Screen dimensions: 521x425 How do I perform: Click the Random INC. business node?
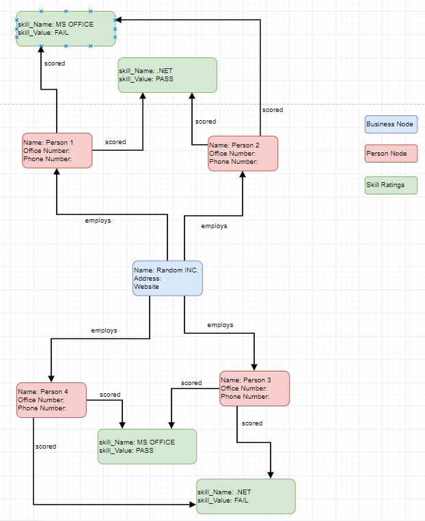167,279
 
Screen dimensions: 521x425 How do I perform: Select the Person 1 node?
57,150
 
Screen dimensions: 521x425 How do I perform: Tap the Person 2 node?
243,154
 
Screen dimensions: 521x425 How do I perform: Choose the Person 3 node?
254,389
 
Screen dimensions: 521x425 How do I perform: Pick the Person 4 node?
51,400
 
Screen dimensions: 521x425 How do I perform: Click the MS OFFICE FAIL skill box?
66,28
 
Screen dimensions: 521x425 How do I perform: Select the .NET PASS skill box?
167,74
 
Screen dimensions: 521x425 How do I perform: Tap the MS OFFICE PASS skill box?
147,447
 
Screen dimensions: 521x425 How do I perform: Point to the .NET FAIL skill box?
245,496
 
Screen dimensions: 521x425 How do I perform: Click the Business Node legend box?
391,124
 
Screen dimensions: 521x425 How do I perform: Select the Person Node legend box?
391,154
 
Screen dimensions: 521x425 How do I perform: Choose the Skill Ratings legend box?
391,185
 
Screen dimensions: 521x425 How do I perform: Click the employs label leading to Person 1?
98,221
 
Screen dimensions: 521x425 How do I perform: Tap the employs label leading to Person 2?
214,226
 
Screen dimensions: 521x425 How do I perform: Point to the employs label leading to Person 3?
220,325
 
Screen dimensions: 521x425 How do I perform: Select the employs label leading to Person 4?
104,330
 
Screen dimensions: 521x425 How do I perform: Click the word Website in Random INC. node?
146,287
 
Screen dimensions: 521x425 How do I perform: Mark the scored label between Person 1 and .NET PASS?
115,142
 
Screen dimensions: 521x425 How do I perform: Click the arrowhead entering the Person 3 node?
254,367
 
